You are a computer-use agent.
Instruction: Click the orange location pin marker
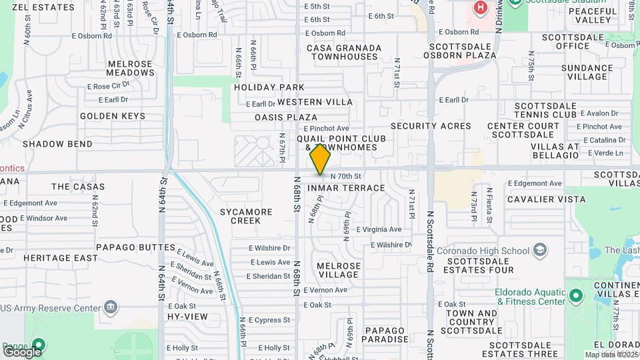coord(321,159)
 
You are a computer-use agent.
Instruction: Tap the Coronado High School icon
coord(539,251)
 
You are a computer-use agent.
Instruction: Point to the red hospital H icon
coord(479,7)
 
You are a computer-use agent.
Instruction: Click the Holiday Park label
coord(269,87)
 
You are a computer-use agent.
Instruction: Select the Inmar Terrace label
coord(346,188)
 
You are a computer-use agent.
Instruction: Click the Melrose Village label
coord(338,270)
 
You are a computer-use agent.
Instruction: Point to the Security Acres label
coord(431,126)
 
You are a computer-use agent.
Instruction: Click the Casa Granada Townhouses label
coord(344,52)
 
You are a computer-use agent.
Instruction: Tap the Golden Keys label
coord(112,116)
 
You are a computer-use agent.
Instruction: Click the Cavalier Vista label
coord(546,199)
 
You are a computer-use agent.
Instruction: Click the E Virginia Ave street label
coord(379,229)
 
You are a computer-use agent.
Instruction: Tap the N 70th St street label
coord(345,177)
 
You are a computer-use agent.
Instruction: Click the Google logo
coord(22,351)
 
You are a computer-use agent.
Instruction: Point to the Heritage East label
coord(56,258)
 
